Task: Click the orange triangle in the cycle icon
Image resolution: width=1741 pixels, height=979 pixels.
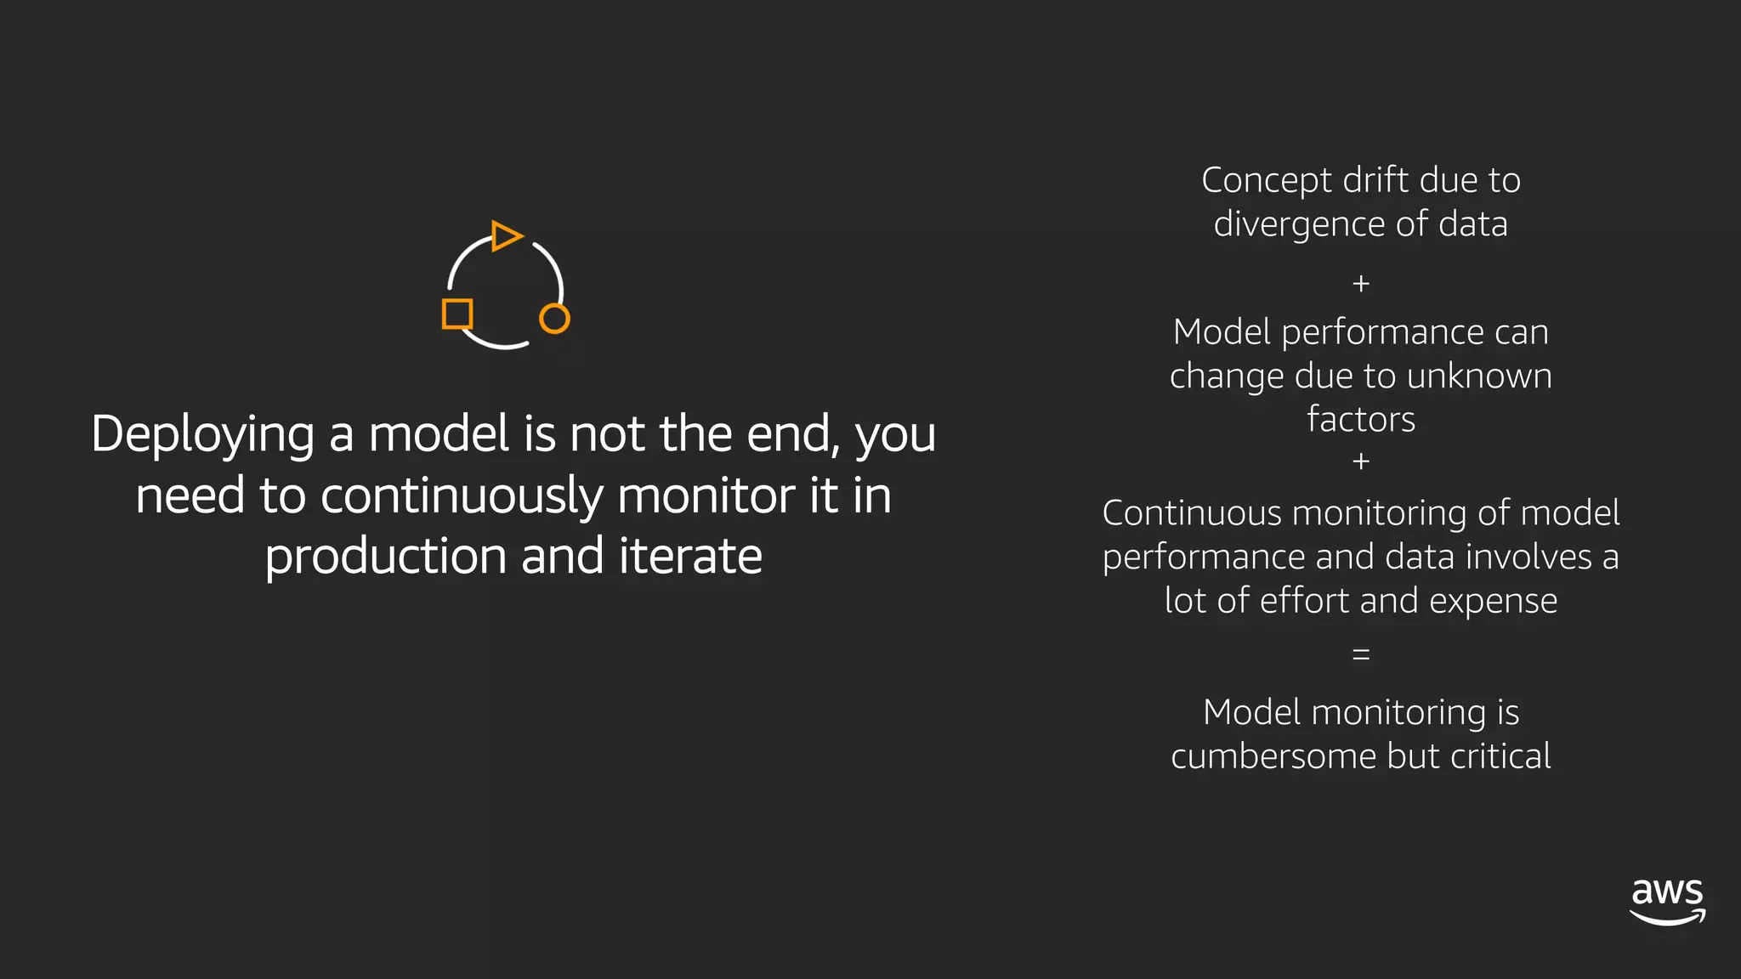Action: pyautogui.click(x=506, y=235)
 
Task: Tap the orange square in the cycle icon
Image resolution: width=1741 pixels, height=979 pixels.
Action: pyautogui.click(x=457, y=314)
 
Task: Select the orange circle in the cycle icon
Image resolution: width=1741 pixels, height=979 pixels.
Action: pyautogui.click(x=554, y=319)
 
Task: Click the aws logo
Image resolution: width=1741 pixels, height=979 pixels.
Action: pyautogui.click(x=1667, y=902)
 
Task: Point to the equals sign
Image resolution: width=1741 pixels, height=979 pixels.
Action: pyautogui.click(x=1361, y=654)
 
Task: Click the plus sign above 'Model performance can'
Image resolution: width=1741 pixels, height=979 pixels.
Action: pyautogui.click(x=1361, y=283)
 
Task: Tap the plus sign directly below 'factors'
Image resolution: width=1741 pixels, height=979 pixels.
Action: pyautogui.click(x=1361, y=461)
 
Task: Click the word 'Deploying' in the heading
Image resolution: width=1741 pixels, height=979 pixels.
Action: pyautogui.click(x=202, y=434)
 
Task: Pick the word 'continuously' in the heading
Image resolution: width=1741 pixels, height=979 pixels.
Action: pyautogui.click(x=462, y=495)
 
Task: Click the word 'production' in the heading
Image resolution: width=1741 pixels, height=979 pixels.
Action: pyautogui.click(x=385, y=557)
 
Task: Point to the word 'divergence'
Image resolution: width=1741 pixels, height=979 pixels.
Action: pyautogui.click(x=1300, y=225)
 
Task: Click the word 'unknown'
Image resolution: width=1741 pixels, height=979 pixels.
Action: pyautogui.click(x=1479, y=376)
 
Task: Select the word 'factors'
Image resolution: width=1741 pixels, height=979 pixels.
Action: pyautogui.click(x=1361, y=419)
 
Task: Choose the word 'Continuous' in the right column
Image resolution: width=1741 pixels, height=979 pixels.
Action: pyautogui.click(x=1193, y=513)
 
